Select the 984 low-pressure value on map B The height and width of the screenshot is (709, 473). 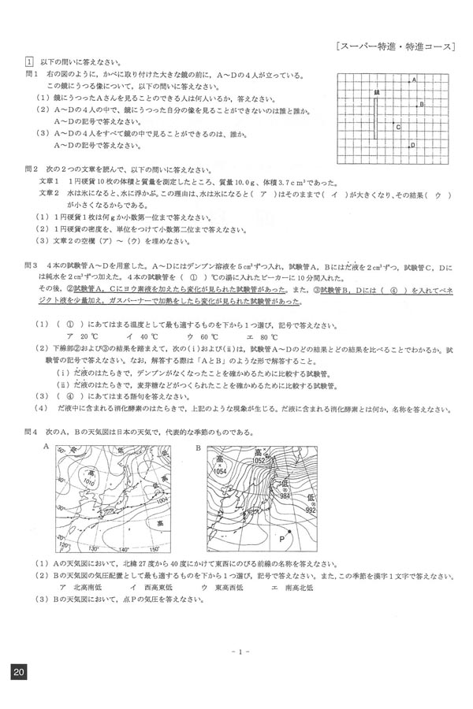point(283,496)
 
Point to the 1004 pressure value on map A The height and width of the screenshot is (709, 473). point(162,500)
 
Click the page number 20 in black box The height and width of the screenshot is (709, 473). point(19,671)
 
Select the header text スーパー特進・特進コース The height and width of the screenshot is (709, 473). point(394,46)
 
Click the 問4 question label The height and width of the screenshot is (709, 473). point(32,432)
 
